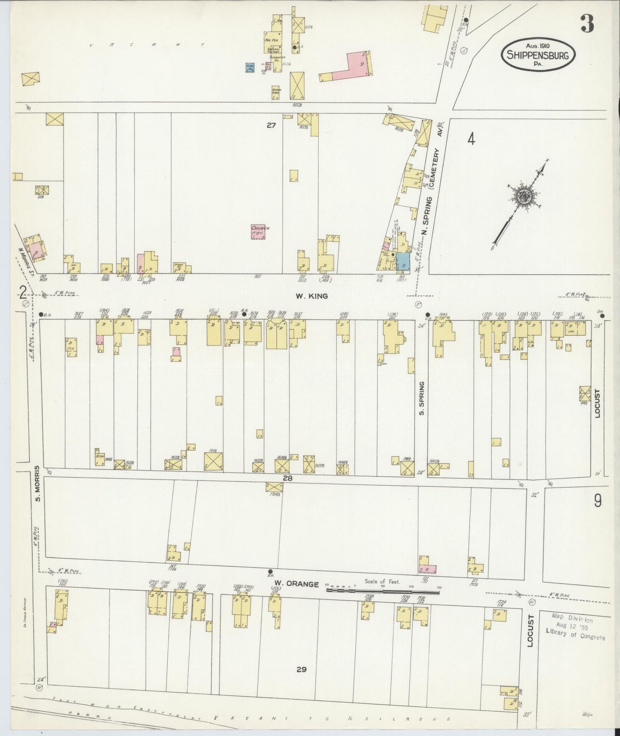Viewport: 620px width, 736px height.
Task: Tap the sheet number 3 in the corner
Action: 587,24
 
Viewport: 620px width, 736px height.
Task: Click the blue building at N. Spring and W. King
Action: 402,262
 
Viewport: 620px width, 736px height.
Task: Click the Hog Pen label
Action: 270,40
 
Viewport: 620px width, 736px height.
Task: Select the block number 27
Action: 271,125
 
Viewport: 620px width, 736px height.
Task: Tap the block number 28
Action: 287,477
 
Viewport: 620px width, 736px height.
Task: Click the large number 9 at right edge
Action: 597,501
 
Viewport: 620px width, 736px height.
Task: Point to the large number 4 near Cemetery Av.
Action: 471,140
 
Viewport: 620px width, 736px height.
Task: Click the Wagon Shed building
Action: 276,91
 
